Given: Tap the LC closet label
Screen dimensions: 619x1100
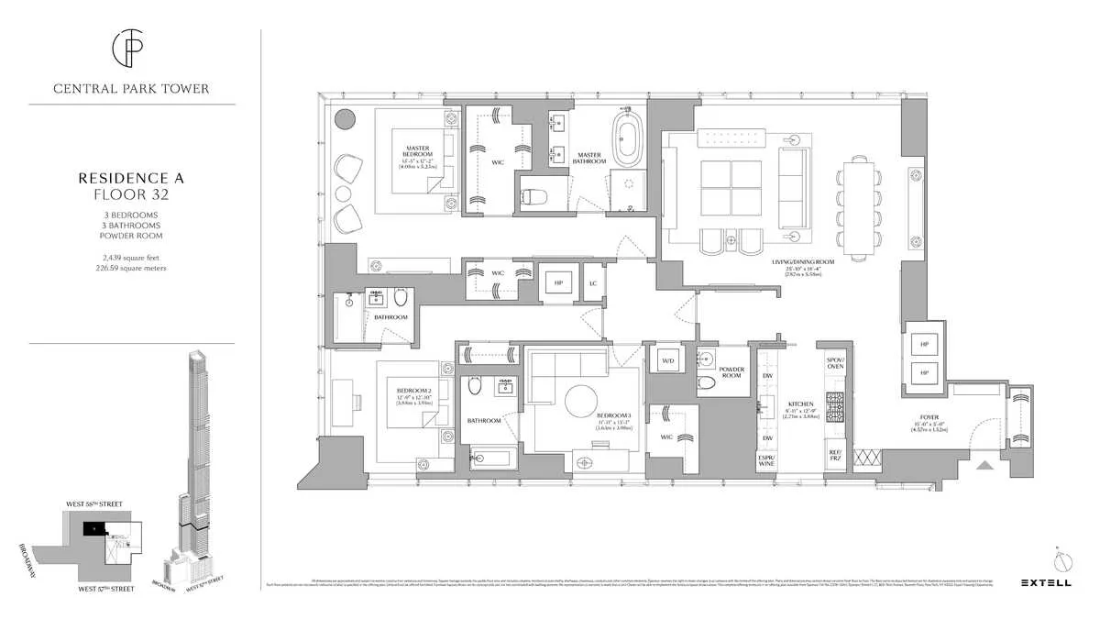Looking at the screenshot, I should [x=593, y=282].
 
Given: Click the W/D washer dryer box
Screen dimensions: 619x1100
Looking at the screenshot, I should [x=666, y=360].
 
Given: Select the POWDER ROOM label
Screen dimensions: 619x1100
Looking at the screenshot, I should [x=731, y=371].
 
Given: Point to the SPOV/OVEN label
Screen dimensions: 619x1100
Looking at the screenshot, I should [x=835, y=364].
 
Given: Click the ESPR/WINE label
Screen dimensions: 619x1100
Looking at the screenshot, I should [x=765, y=461].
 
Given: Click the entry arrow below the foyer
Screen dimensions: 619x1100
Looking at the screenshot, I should [x=984, y=465].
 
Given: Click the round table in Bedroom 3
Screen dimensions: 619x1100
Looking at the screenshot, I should [x=583, y=401].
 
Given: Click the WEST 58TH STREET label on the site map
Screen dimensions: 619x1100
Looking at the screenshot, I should [x=93, y=504].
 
